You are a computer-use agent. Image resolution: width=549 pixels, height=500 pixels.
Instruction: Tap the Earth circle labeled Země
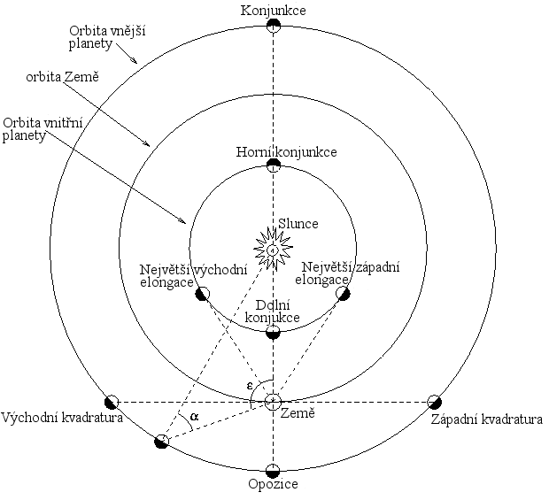tap(274, 402)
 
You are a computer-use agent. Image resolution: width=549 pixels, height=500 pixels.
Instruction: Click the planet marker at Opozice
tap(274, 470)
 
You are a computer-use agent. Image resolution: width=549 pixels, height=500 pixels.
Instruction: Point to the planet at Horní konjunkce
tap(274, 165)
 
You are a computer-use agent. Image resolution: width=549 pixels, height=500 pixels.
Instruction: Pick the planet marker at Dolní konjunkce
tap(274, 333)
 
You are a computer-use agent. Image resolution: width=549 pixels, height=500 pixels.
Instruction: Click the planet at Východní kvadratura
tap(112, 401)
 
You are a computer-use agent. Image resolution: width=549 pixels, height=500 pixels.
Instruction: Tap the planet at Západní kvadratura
tap(435, 401)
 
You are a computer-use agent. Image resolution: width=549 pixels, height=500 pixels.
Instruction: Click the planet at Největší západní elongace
tap(343, 293)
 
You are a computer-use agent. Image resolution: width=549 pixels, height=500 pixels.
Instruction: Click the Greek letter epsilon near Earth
tap(251, 385)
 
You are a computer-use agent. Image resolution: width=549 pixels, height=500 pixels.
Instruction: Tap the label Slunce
tap(298, 224)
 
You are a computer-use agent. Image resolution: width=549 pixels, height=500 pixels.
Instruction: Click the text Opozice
tap(274, 486)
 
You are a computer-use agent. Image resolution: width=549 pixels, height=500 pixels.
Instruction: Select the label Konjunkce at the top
tap(274, 10)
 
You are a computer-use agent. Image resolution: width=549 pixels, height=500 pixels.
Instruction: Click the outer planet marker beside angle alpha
tap(161, 441)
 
